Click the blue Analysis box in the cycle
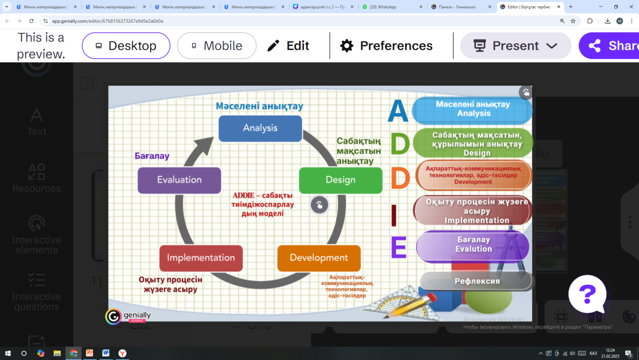coord(260,128)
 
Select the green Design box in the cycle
coord(341,180)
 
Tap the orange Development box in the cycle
coord(319,258)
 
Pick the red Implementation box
coord(201,258)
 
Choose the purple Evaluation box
coord(179,180)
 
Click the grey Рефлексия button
coord(476,281)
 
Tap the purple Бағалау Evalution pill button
coord(473,245)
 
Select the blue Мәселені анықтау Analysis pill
coord(473,109)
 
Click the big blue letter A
coord(398,112)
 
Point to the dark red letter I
coord(394,216)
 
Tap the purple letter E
coord(399,248)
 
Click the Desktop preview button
coord(126,46)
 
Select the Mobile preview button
coord(217,46)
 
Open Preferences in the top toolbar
coord(387,46)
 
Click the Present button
coord(515,46)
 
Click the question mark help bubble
coord(587,294)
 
